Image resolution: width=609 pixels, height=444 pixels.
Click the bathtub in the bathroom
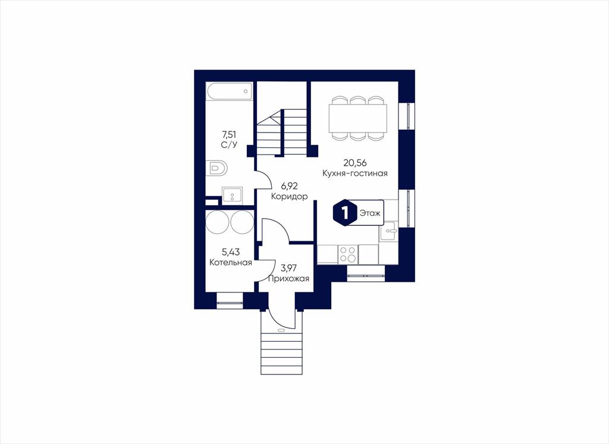coord(229,91)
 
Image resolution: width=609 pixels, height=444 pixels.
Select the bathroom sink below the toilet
coord(233,196)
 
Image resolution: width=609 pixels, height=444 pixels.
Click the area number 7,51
coord(229,135)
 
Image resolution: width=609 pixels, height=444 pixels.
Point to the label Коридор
coord(290,196)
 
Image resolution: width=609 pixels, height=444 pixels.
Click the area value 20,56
coord(355,163)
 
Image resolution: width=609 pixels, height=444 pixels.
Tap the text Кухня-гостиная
coord(355,173)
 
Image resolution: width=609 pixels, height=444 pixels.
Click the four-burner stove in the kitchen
coord(347,254)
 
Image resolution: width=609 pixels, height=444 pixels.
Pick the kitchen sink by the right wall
coord(388,232)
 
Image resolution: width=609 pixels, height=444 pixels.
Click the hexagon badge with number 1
coord(343,213)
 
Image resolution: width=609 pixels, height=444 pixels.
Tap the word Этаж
coord(370,213)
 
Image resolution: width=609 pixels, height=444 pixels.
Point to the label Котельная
coord(231,262)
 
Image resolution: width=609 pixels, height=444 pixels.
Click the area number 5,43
coord(231,252)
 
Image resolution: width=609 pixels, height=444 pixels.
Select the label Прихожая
coord(288,278)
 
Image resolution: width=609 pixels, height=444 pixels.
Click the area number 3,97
coord(289,268)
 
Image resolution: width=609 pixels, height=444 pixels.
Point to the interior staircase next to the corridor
coord(282,132)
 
